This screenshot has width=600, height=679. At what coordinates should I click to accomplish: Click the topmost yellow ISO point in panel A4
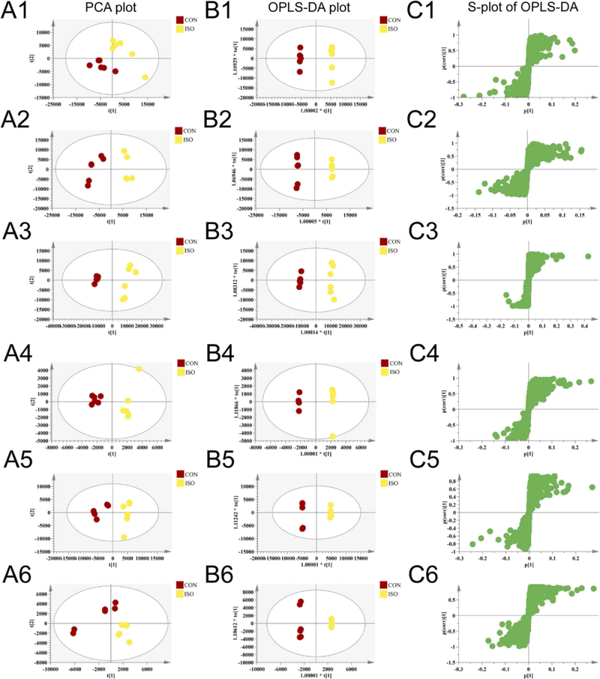139,369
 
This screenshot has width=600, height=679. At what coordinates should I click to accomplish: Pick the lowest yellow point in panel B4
331,436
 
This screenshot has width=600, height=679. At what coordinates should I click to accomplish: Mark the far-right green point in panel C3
588,256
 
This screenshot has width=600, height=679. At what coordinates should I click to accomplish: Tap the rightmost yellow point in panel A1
145,77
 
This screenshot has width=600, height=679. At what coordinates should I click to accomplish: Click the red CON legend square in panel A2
180,129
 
